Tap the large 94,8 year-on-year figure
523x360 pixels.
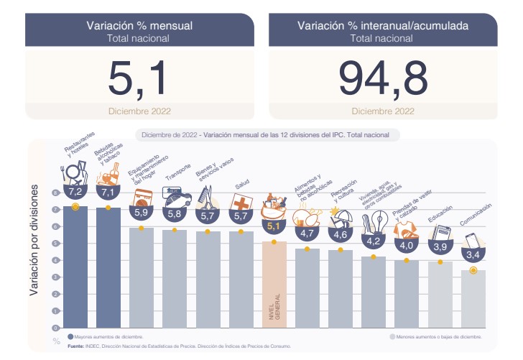click(383, 77)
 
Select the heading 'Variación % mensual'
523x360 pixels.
click(139, 25)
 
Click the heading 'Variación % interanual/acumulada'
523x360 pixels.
click(383, 25)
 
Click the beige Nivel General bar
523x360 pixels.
click(274, 284)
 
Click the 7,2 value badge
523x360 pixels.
click(75, 193)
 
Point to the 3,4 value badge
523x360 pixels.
click(473, 254)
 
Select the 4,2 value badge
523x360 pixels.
click(374, 242)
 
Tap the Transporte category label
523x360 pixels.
click(177, 175)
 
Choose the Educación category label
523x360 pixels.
click(439, 216)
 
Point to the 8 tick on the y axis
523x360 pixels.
click(53, 193)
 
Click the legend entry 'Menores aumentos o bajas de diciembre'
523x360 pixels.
click(438, 336)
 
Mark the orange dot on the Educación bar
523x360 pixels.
click(440, 262)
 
